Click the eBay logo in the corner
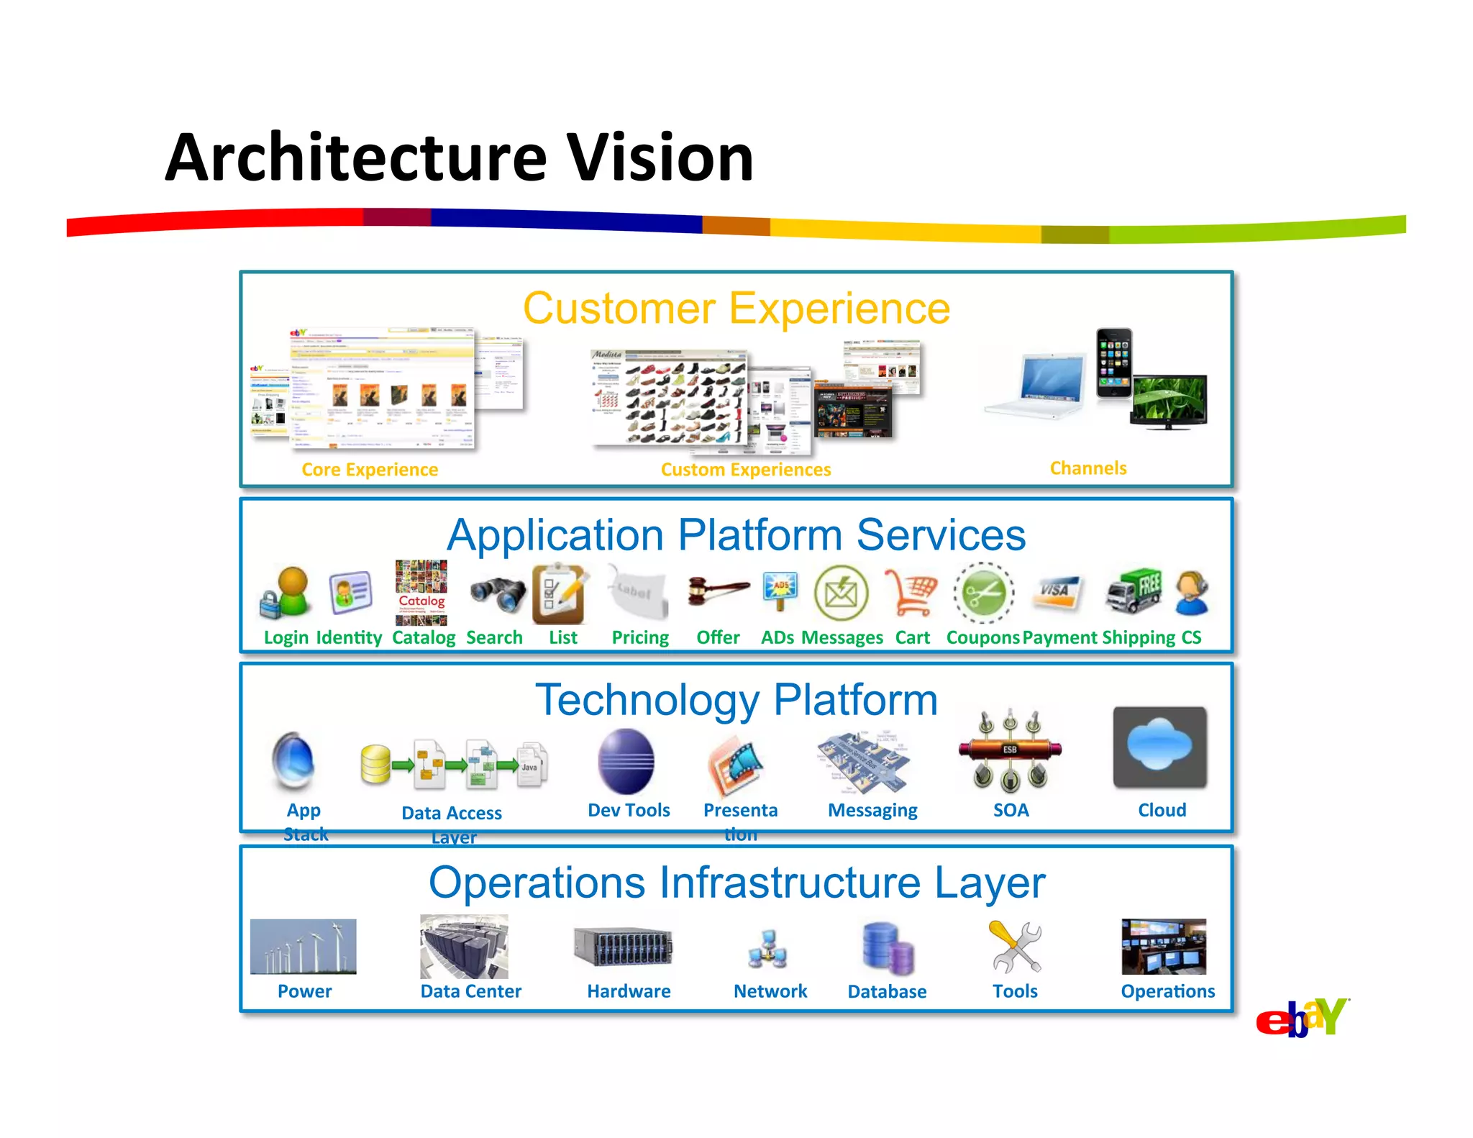(1302, 1018)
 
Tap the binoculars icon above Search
(497, 594)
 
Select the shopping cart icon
(911, 592)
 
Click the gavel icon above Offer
(717, 591)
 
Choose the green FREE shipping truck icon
(1134, 591)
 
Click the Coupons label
(982, 638)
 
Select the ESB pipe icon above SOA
(1010, 750)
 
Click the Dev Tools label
(629, 811)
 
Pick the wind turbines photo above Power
(303, 946)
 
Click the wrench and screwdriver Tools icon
(1015, 947)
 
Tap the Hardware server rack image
(623, 947)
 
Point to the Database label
(887, 992)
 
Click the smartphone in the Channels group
(1113, 363)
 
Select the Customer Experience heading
(736, 309)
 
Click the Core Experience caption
(370, 470)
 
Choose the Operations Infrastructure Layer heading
(736, 883)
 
